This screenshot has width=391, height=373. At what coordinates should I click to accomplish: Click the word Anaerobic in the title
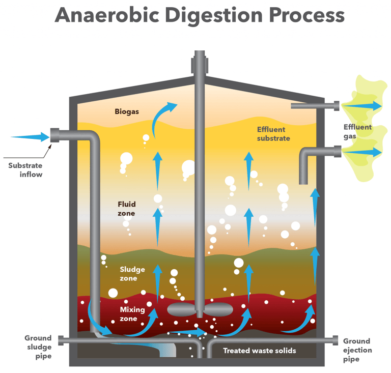point(107,15)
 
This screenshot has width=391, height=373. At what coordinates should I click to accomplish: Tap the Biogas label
point(127,111)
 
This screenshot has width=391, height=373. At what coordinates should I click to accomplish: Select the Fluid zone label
point(127,209)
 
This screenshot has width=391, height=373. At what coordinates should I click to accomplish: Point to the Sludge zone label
point(132,274)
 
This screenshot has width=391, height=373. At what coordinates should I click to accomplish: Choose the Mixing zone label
point(132,314)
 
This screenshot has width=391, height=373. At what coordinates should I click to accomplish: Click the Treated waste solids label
point(260,351)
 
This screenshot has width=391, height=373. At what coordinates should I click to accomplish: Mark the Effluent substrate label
point(273,134)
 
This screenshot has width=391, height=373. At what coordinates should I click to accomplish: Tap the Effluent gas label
point(357,132)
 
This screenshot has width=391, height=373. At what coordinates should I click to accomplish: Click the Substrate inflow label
point(25,170)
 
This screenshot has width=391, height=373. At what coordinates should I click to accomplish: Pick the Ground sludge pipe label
point(38,347)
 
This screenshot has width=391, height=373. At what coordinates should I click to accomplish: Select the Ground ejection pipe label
point(357,350)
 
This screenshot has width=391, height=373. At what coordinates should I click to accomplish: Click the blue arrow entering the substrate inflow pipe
point(30,137)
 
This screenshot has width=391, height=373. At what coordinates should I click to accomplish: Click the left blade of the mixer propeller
point(181,310)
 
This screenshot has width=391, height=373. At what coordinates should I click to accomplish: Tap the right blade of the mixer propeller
point(218,310)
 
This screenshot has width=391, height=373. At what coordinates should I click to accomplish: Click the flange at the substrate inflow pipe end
point(55,135)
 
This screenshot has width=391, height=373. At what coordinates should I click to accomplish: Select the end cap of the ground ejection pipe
point(336,340)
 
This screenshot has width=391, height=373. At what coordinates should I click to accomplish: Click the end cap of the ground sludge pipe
point(61,340)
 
